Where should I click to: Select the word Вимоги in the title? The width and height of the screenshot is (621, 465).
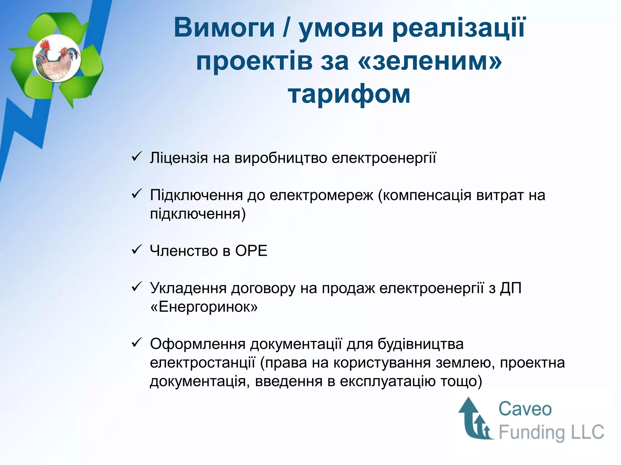pos(224,28)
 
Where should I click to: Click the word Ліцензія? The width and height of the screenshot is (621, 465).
pos(179,158)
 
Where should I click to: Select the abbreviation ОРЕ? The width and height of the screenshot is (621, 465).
pos(251,251)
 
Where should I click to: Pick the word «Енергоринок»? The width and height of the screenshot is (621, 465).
pos(204,307)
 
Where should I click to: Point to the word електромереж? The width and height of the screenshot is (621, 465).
pos(321,195)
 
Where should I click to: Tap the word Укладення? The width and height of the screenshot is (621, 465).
pos(188,288)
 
